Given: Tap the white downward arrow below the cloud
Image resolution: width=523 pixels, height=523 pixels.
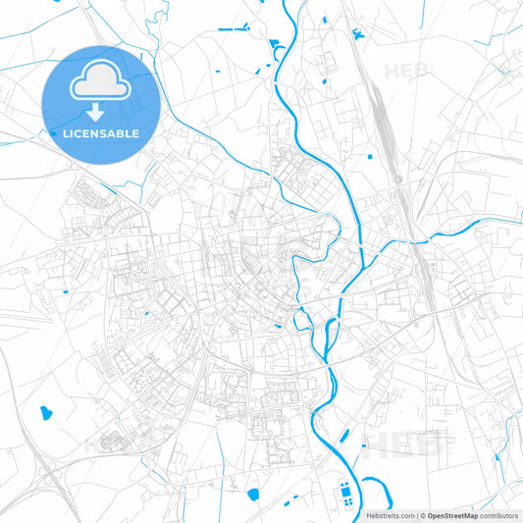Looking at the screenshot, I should point(101,113).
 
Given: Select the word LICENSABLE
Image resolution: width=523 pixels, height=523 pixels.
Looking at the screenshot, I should point(101,132).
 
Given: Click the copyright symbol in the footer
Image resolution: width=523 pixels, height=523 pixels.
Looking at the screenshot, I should point(422,515).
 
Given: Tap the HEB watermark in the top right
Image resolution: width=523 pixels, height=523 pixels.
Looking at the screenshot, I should point(405,71).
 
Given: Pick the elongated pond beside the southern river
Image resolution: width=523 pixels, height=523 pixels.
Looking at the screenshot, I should point(344,437).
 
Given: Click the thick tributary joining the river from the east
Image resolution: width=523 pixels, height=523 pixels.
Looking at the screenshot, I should point(442,233).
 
